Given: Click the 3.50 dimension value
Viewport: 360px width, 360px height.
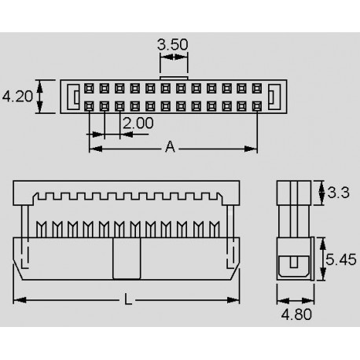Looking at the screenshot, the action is click(173, 45).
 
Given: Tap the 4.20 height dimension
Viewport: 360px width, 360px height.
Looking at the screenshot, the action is click(17, 96).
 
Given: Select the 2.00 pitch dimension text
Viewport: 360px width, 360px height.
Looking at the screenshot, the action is click(138, 123).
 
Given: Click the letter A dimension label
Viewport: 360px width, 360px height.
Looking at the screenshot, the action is click(170, 147).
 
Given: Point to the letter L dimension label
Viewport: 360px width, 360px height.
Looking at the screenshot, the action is click(128, 299).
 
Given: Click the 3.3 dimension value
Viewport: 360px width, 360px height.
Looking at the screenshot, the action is click(338, 193).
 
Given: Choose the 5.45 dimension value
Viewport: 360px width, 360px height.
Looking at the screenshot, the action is click(341, 259).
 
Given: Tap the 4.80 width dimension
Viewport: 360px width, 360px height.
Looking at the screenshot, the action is click(296, 314).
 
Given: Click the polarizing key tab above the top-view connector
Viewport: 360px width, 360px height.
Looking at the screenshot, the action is click(174, 78).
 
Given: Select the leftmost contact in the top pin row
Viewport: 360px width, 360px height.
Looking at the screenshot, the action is click(89, 89).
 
